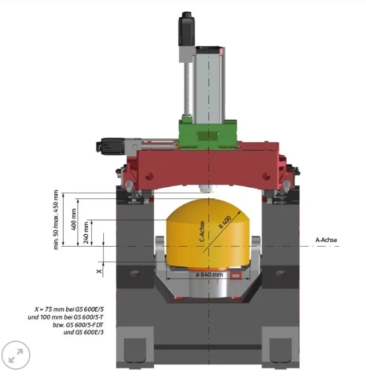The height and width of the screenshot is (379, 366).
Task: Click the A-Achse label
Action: (x=326, y=240)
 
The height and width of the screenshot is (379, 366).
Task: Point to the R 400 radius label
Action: (x=225, y=222)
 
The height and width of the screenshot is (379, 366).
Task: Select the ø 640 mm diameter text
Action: (x=209, y=274)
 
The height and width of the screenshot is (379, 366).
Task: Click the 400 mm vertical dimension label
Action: (x=74, y=219)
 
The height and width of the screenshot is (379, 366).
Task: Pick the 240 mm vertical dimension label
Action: (x=86, y=233)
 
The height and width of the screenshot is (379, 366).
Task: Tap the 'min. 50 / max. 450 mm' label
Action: (x=56, y=220)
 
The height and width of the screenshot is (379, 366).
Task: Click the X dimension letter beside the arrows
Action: (x=99, y=271)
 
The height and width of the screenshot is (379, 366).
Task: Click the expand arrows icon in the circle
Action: (x=16, y=355)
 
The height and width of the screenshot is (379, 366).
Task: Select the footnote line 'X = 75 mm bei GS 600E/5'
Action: (x=69, y=309)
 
